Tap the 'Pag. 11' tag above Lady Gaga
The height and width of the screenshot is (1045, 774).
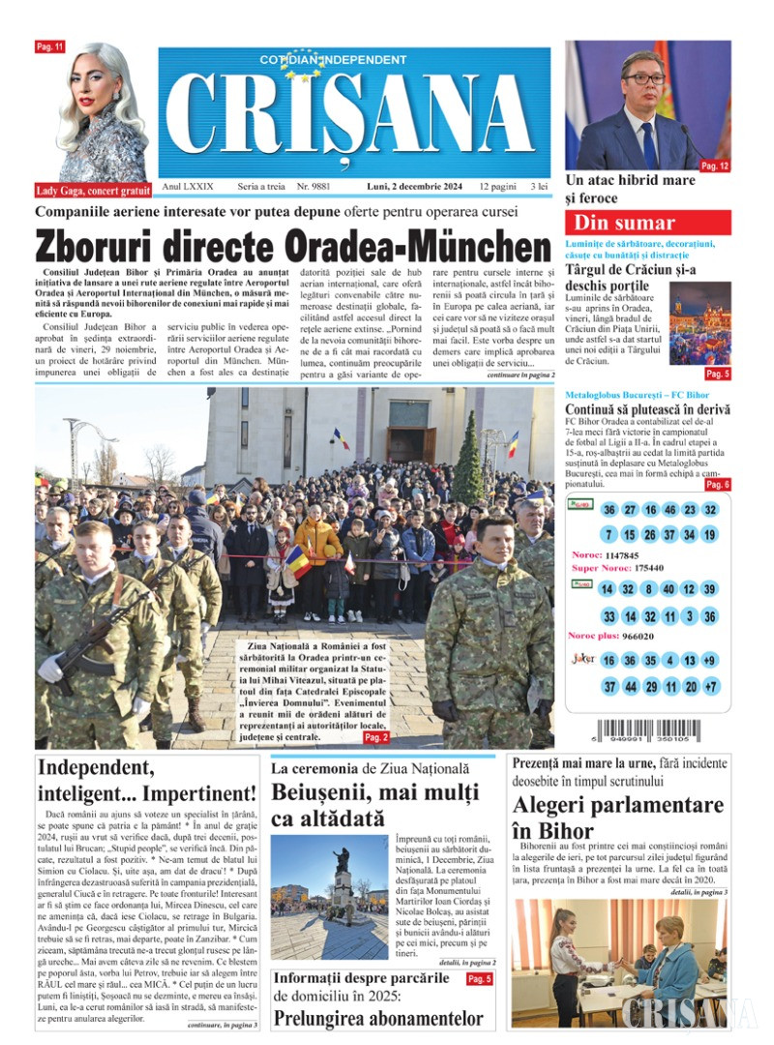coord(50,46)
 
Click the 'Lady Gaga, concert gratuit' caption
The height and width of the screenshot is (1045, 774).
coord(93,191)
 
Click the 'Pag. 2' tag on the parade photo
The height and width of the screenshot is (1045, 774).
coord(376,737)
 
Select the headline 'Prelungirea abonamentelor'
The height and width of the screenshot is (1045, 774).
coord(378,1018)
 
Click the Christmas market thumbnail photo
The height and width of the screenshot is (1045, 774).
coord(700,324)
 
